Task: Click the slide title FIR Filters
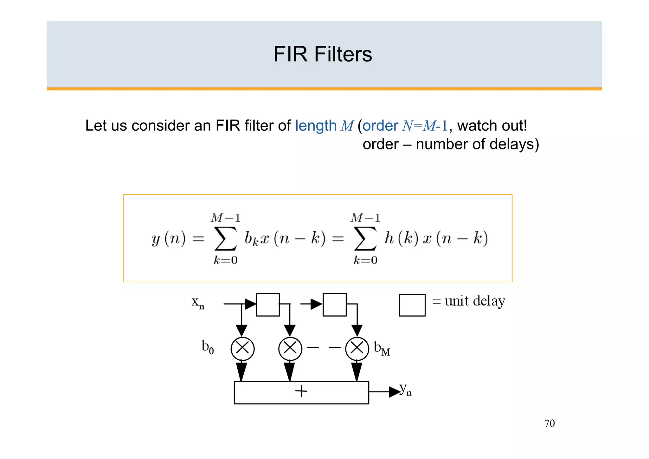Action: (323, 54)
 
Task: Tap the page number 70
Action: (549, 423)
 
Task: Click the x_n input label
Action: (198, 302)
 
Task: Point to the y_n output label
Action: (405, 389)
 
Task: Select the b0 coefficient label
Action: (208, 347)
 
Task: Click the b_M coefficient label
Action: (382, 348)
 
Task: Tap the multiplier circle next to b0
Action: (242, 349)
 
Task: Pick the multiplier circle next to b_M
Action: (357, 349)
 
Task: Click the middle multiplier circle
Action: (290, 349)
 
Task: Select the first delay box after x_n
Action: (268, 305)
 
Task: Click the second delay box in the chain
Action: (335, 305)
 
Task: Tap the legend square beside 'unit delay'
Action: (412, 305)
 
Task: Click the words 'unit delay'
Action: (475, 301)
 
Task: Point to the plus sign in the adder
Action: (301, 391)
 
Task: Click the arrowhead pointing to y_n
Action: (394, 392)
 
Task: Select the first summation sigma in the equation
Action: (225, 239)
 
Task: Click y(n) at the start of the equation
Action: (168, 239)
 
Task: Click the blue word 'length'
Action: (316, 126)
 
